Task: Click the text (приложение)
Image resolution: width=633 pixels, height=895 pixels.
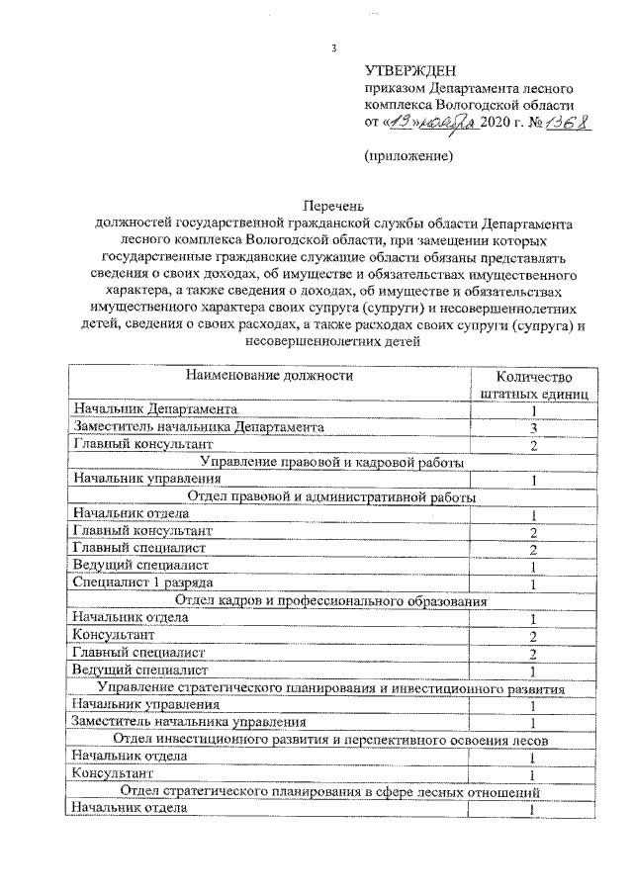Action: coord(408,156)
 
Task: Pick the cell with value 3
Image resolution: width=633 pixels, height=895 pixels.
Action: coord(532,428)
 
